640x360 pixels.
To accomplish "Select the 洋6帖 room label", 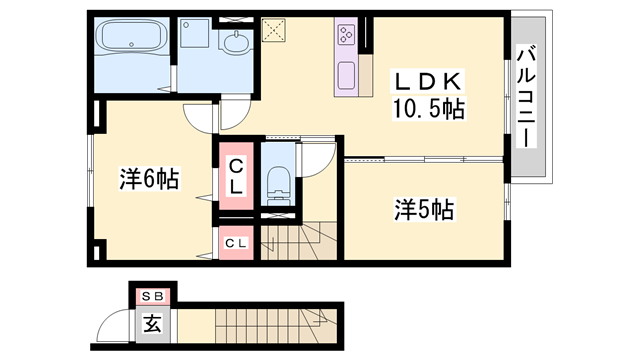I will tap(149, 179).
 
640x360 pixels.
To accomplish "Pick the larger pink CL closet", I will tap(237, 176).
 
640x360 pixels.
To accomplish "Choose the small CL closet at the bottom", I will tap(236, 243).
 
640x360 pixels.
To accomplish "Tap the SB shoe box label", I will tap(154, 296).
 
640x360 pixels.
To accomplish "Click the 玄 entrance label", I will tap(153, 324).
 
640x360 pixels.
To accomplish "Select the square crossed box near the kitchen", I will tap(273, 30).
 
